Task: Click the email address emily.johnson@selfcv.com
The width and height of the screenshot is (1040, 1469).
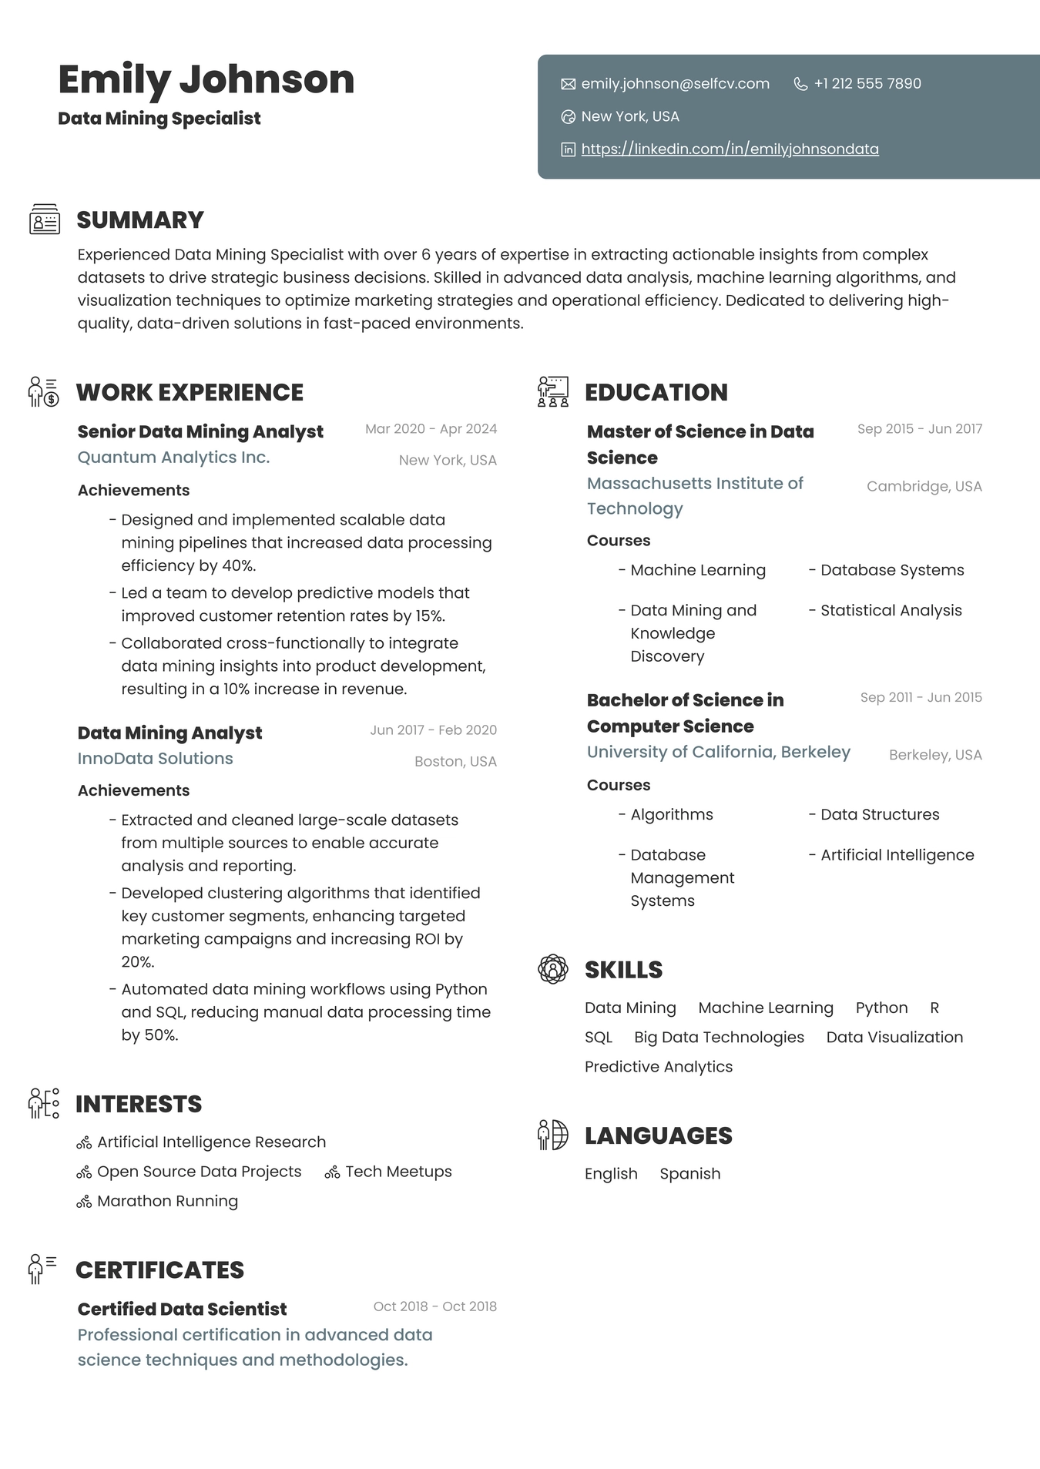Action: click(675, 84)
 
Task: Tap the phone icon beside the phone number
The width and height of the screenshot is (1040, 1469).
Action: click(800, 84)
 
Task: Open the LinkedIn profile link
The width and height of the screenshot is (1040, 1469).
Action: click(730, 149)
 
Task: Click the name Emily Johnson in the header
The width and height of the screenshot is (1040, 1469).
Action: click(206, 80)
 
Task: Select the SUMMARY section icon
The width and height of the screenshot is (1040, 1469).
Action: click(45, 220)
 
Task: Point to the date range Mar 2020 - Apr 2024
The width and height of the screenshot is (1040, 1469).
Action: click(431, 429)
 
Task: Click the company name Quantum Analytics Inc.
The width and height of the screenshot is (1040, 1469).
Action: click(173, 458)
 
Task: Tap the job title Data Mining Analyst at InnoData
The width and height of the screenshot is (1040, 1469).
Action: click(169, 733)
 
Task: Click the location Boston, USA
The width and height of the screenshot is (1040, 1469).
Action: click(455, 762)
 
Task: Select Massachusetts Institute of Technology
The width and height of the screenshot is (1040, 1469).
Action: click(694, 495)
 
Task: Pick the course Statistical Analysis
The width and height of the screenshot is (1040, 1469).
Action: click(891, 611)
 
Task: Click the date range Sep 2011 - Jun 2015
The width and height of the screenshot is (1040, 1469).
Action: click(921, 698)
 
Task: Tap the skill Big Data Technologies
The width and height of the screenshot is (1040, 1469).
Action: click(719, 1038)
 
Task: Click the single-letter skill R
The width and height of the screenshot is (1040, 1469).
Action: click(934, 1008)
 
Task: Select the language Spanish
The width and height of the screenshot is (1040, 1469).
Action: click(689, 1174)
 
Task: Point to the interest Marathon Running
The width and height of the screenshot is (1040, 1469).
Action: click(167, 1202)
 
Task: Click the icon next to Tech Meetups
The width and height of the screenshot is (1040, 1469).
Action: click(332, 1173)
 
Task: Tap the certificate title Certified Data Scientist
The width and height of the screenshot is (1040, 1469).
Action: click(182, 1310)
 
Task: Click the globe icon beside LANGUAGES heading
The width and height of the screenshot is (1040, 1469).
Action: click(552, 1135)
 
